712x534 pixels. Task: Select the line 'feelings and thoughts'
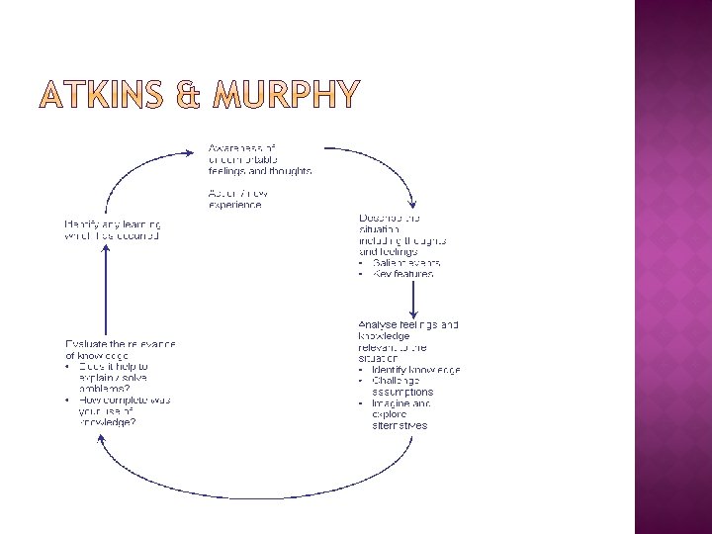tap(259, 171)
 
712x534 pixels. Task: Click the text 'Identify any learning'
tap(112, 224)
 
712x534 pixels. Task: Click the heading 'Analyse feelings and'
tap(407, 324)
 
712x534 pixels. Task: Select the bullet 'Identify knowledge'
tap(415, 370)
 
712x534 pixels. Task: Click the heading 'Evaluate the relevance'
tap(120, 343)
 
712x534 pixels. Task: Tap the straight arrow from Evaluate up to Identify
tap(104, 287)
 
